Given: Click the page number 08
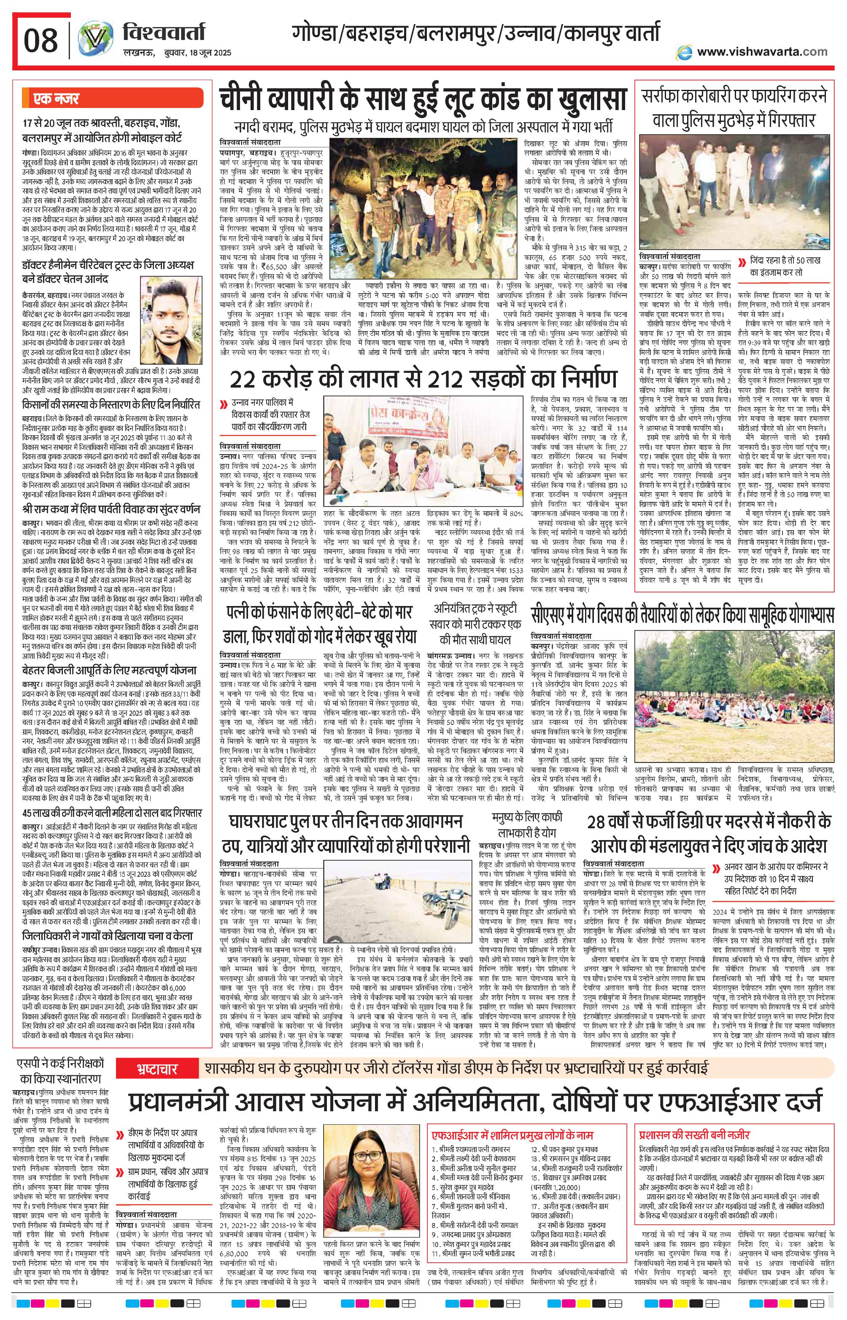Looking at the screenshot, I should (40, 41).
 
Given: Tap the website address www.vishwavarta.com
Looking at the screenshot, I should (762, 52).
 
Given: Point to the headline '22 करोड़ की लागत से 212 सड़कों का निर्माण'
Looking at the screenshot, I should (423, 380).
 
